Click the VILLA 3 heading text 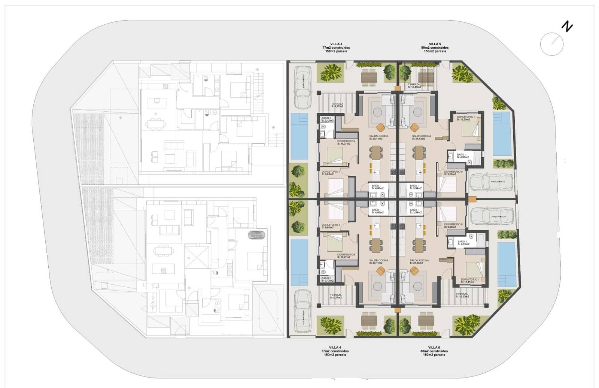[336, 44]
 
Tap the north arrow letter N [568, 27]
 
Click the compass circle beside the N [551, 44]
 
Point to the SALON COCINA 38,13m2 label [421, 137]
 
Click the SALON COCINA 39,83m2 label [419, 261]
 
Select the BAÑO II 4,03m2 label [462, 156]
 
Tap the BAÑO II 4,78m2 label [463, 243]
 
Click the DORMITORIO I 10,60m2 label [465, 118]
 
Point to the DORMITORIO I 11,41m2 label [469, 281]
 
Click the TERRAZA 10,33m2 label [462, 295]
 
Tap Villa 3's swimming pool [299, 136]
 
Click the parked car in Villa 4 [302, 310]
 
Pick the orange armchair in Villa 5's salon [414, 127]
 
